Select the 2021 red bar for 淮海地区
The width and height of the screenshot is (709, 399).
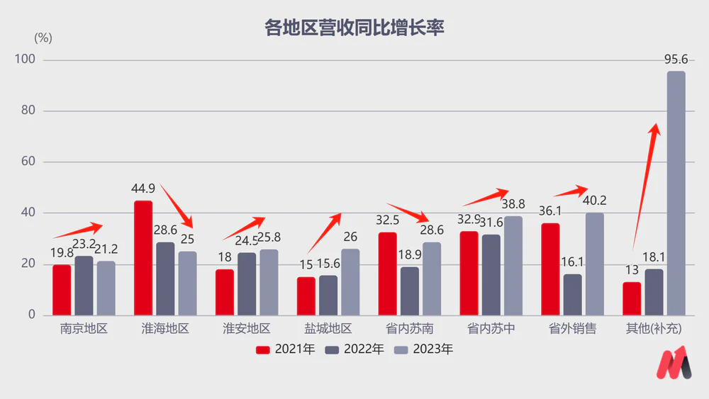(143, 258)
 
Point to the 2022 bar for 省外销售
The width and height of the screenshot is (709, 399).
(573, 294)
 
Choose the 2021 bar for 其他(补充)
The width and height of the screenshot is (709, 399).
(632, 298)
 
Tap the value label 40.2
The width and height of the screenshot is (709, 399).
(593, 201)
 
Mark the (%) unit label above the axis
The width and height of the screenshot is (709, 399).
(43, 37)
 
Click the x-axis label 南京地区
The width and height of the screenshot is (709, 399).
(84, 329)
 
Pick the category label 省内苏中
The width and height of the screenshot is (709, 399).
(491, 329)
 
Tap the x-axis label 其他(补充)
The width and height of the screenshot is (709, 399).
(653, 329)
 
